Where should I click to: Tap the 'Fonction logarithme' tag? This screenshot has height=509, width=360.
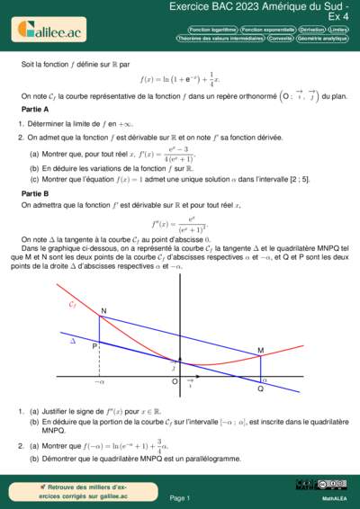click(x=213, y=30)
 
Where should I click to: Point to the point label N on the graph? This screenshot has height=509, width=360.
click(x=103, y=311)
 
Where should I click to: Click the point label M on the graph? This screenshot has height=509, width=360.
click(x=260, y=350)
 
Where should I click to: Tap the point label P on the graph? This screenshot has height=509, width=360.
click(x=94, y=345)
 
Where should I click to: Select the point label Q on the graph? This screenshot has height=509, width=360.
click(x=261, y=388)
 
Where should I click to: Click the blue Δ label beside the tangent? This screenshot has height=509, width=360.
click(x=73, y=342)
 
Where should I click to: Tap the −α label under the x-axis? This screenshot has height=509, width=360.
click(x=99, y=383)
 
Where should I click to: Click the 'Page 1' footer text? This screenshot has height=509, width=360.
click(x=179, y=496)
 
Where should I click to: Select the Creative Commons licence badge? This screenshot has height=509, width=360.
click(x=308, y=486)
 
